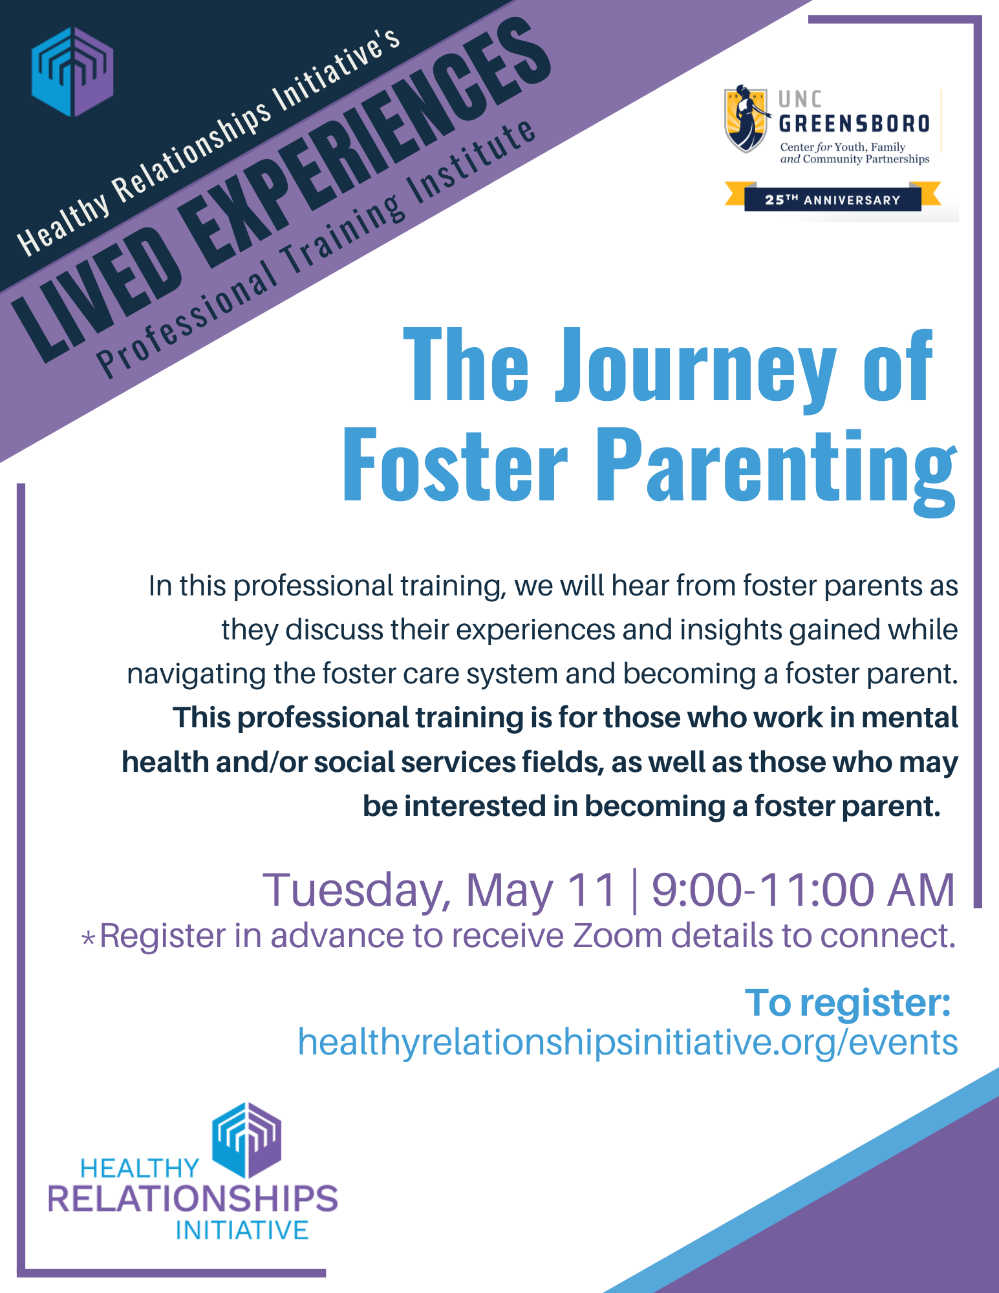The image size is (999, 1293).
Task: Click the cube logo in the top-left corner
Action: [72, 71]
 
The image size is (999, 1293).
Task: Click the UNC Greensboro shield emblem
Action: [746, 118]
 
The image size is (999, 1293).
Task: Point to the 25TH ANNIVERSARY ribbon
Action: [833, 199]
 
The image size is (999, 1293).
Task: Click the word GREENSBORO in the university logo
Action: [854, 123]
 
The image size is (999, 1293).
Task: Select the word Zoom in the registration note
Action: [618, 935]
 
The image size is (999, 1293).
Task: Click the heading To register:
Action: [848, 1003]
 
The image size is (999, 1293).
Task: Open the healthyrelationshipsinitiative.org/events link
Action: [627, 1043]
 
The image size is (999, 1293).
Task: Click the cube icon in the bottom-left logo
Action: [246, 1140]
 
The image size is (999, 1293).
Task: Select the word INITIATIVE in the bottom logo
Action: [242, 1230]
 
